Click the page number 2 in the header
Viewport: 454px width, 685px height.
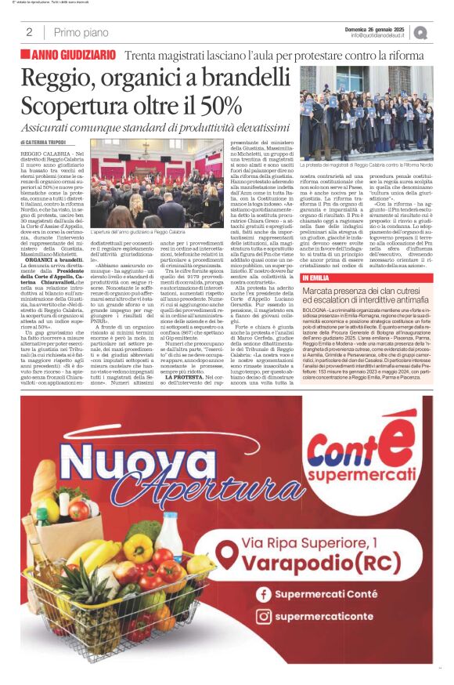pyautogui.click(x=29, y=32)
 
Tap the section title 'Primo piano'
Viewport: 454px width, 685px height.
pyautogui.click(x=81, y=32)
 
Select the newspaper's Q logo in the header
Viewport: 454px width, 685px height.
pyautogui.click(x=421, y=32)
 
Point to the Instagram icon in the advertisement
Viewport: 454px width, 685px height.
pyautogui.click(x=263, y=617)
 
